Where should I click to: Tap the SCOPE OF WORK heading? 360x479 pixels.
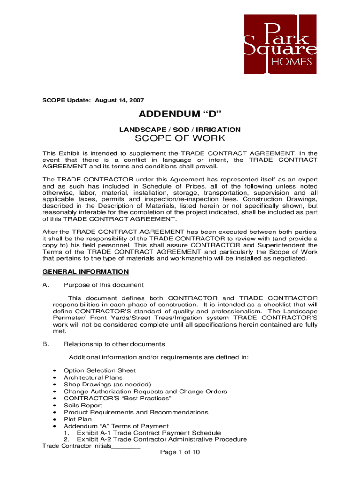[180, 138]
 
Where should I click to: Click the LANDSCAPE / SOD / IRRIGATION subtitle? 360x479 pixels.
[180, 129]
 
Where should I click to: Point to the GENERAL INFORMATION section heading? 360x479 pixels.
[86, 271]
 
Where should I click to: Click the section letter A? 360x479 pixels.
[45, 285]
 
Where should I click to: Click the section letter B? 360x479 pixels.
[45, 344]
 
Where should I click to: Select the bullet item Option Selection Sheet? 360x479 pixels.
[100, 370]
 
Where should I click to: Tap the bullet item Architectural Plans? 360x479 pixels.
[93, 377]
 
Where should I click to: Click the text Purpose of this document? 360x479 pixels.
[103, 285]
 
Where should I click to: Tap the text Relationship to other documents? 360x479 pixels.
[114, 344]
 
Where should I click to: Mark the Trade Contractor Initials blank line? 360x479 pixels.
[126, 446]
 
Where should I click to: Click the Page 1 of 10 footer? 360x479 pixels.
[180, 453]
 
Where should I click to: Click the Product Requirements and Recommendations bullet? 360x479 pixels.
[136, 412]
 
